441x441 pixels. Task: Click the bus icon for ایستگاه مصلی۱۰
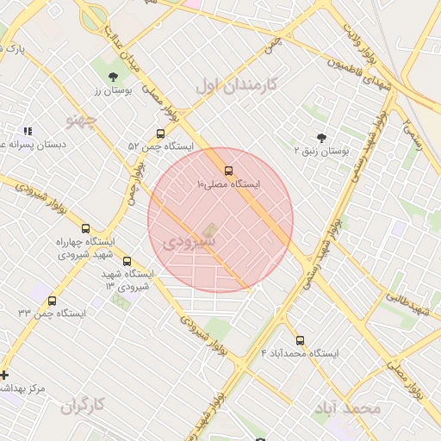tap(228, 171)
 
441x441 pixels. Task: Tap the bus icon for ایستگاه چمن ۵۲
tap(160, 134)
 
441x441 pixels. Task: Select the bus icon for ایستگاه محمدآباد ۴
tap(300, 340)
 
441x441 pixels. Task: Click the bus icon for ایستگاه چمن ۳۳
tap(53, 301)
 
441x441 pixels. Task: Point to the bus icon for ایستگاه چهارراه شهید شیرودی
tap(85, 228)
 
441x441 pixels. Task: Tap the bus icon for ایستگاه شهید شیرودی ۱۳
tap(127, 261)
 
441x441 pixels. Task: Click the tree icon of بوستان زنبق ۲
tap(321, 138)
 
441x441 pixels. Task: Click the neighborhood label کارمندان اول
tap(236, 85)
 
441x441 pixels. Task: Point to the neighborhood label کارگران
tap(83, 404)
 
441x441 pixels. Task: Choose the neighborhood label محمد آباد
tap(347, 407)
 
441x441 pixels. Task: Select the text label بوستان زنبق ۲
tap(321, 151)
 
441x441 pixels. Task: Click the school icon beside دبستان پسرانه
tap(28, 132)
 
